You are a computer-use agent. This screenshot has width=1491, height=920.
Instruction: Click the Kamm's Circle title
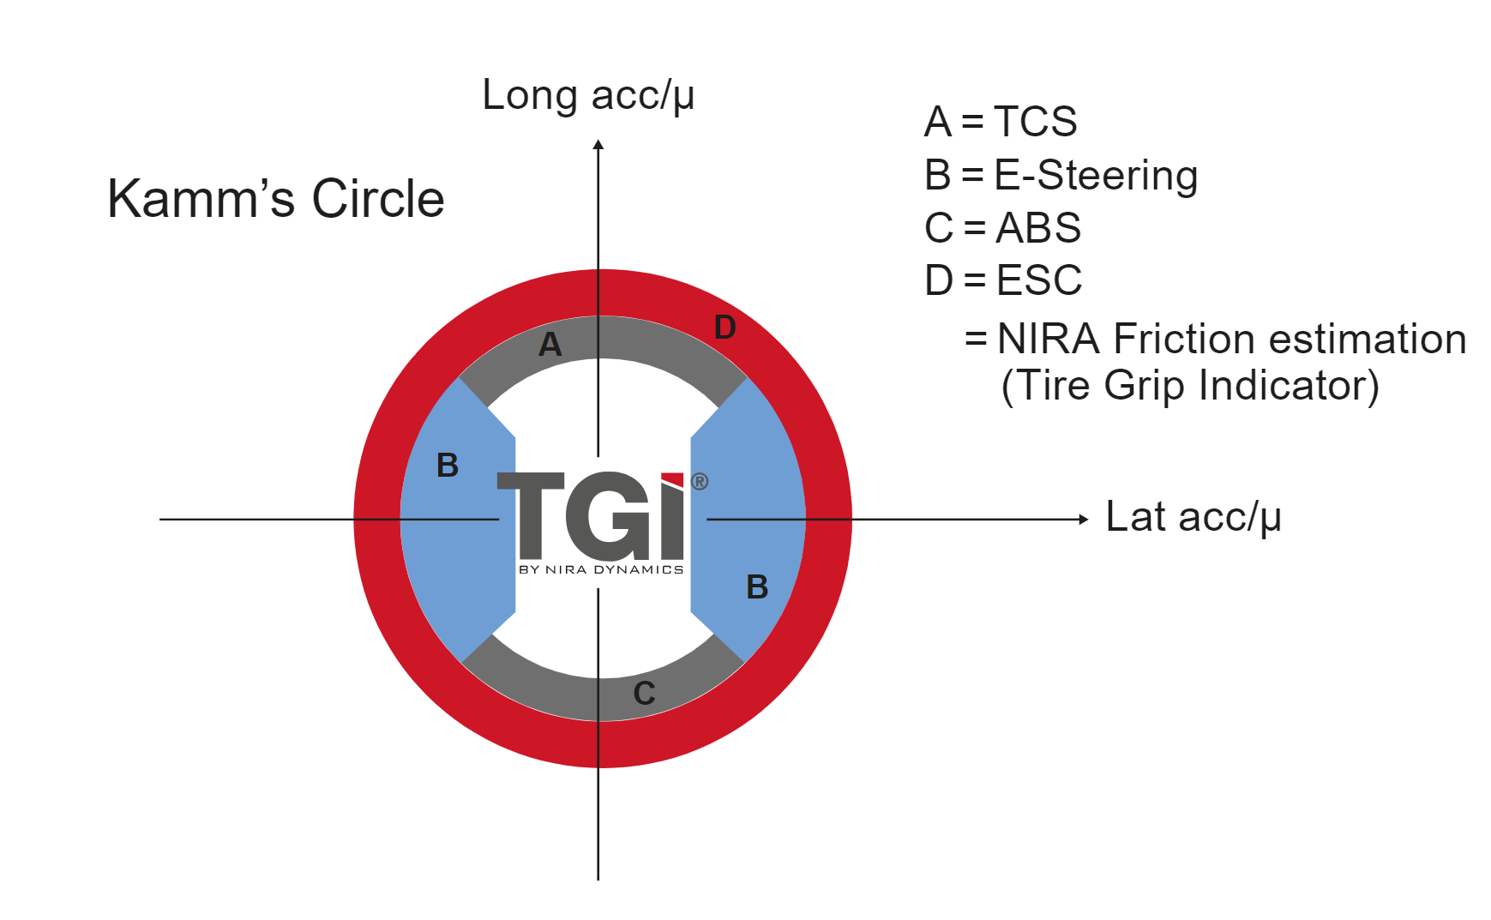[x=275, y=199]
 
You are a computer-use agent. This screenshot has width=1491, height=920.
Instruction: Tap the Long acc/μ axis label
[x=587, y=95]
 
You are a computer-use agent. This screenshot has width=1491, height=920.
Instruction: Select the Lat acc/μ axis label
[x=1193, y=517]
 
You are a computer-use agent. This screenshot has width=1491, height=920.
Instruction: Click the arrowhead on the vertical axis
[x=598, y=145]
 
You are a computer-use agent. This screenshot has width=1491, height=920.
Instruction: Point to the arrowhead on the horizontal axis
[x=1083, y=519]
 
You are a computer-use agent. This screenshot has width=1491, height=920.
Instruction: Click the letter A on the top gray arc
[x=550, y=345]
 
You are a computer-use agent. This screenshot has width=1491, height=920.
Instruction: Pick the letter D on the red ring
[x=724, y=328]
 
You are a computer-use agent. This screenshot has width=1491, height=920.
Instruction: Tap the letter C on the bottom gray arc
[x=644, y=693]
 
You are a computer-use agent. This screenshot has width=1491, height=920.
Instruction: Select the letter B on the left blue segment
[x=448, y=466]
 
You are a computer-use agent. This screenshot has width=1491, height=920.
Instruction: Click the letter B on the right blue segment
[x=757, y=587]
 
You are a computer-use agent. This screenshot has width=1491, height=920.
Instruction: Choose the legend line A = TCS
[x=1000, y=122]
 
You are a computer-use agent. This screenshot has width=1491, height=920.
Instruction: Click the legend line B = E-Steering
[x=1061, y=175]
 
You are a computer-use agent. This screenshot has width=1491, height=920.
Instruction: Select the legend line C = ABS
[x=1002, y=228]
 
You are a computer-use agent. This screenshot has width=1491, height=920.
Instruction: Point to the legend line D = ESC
[x=1003, y=280]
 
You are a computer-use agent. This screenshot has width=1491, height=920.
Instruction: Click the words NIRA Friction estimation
[x=1231, y=339]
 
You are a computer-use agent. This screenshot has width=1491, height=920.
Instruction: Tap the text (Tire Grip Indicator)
[x=1190, y=385]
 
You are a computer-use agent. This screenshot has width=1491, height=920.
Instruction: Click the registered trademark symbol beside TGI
[x=700, y=482]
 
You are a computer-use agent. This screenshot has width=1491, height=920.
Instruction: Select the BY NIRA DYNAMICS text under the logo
[x=601, y=569]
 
